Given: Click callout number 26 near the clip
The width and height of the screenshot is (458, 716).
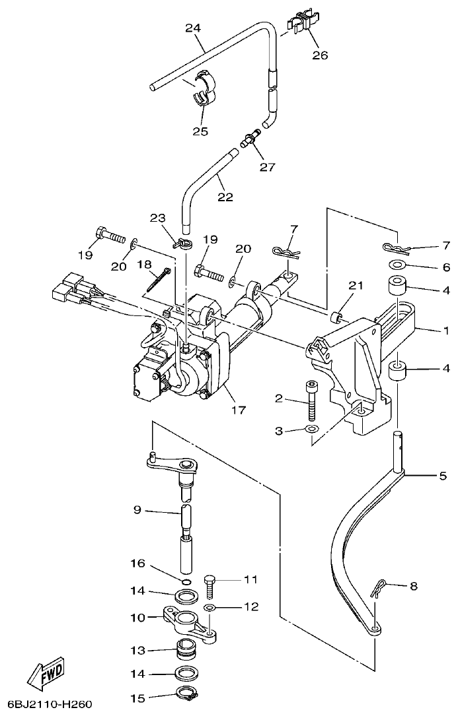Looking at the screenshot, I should click(320, 55).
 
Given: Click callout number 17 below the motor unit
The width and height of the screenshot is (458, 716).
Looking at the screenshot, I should click(239, 410).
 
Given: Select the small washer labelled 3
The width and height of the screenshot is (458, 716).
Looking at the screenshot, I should click(312, 431).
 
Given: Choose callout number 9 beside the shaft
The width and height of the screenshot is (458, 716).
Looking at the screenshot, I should click(137, 509).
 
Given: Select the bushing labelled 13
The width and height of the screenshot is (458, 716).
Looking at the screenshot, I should click(187, 650).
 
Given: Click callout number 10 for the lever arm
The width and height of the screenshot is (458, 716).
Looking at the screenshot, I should click(137, 618).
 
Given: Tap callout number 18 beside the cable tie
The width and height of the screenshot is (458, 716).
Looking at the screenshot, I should click(143, 265).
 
